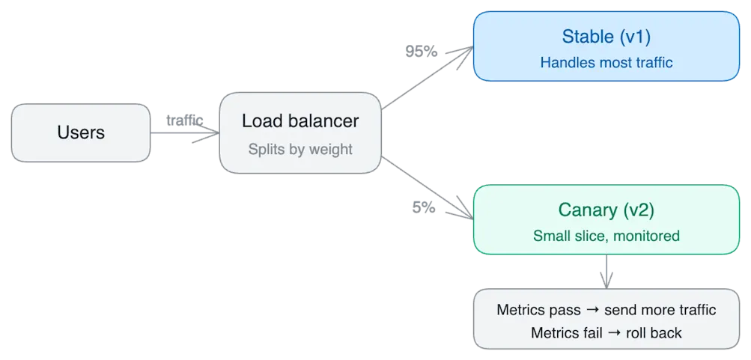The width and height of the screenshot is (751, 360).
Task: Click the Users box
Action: coord(81,132)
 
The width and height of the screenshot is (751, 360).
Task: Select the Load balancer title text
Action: coord(300,120)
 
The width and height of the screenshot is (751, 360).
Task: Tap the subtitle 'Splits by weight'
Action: coord(300,149)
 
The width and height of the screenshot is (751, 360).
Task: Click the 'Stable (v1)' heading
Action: coord(606,36)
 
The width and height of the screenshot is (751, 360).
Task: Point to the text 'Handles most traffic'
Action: coord(606,63)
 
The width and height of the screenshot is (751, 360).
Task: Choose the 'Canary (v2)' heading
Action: coord(606,210)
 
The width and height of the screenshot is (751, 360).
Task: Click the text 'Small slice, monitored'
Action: coord(606,237)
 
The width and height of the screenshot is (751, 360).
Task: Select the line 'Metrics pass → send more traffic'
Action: coord(606,310)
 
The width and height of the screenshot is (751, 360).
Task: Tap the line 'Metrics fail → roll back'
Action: coord(606,332)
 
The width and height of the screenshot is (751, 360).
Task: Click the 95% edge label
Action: coord(420,52)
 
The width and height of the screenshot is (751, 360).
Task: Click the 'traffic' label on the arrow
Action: coord(183,119)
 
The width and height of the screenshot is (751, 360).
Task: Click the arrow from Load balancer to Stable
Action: coord(427,79)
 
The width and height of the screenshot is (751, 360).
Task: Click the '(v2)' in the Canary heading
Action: coord(636,210)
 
